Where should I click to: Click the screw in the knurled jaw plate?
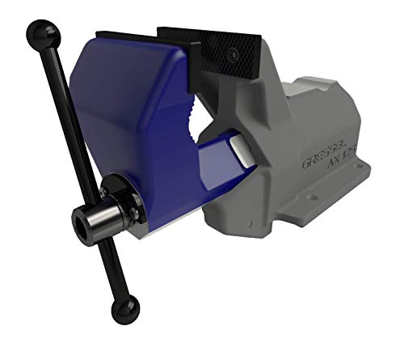click(x=234, y=53)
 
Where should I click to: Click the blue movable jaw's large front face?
click(x=113, y=121)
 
